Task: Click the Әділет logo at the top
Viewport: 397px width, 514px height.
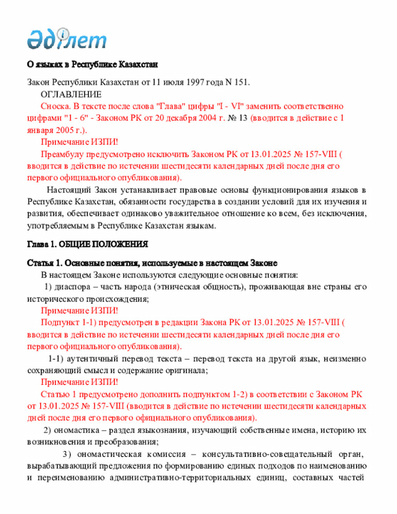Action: click(66, 39)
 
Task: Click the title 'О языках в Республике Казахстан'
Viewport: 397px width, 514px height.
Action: click(92, 65)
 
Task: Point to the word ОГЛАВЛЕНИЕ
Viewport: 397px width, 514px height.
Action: click(71, 94)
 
